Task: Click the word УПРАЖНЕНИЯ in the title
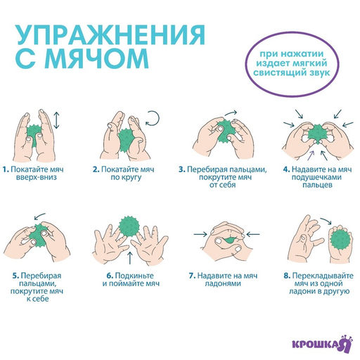coord(110,36)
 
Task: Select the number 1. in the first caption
coord(5,169)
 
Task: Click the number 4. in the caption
coord(286,169)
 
